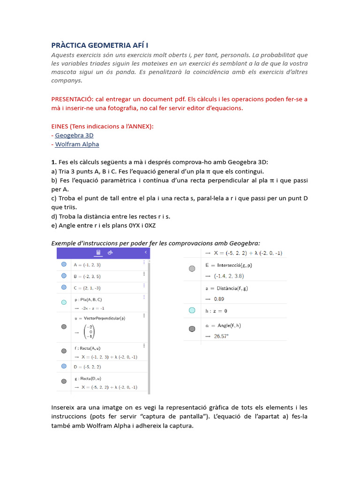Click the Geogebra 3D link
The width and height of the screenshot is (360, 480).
click(74, 135)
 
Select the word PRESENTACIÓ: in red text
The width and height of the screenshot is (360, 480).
click(72, 99)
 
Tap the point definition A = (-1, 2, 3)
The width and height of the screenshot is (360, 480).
click(87, 265)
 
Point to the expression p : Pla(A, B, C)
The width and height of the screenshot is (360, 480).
click(88, 299)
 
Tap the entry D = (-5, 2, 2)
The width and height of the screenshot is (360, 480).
click(87, 367)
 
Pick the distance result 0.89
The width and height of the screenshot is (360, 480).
click(219, 299)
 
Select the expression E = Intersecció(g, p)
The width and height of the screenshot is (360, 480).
click(228, 265)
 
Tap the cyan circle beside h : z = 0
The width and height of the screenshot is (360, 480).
click(192, 310)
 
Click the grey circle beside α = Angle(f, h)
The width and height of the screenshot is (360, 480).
click(192, 329)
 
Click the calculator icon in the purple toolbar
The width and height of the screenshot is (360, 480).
click(98, 253)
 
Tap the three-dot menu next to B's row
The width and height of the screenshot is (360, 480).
click(144, 275)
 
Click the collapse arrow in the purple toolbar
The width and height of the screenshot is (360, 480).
click(146, 252)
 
